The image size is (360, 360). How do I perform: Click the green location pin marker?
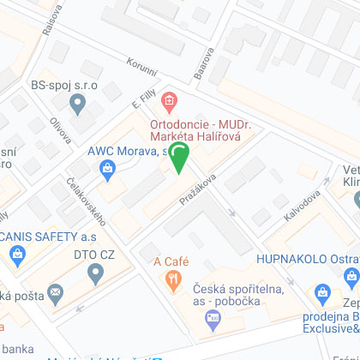179,158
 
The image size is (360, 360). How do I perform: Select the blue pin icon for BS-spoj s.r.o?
78,105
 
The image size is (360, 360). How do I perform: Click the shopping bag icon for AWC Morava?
107,168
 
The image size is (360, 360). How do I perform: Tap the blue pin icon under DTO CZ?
95,273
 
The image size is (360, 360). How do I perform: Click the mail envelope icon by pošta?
56,293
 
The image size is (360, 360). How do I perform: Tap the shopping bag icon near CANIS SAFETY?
17,254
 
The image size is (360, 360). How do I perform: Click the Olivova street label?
60,129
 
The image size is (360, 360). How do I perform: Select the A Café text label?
171,261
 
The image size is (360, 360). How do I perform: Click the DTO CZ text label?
94,255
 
